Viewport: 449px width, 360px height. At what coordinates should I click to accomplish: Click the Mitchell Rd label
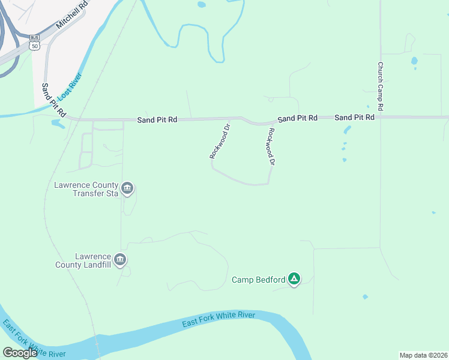(71, 16)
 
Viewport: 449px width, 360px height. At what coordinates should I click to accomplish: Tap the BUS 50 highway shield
(34, 42)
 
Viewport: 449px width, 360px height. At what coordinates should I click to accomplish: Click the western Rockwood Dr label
(220, 141)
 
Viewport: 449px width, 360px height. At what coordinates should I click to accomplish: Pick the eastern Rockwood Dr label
(271, 146)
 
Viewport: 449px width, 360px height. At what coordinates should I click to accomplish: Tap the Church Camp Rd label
(381, 86)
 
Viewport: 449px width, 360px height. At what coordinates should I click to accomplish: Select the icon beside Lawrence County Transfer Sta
(127, 189)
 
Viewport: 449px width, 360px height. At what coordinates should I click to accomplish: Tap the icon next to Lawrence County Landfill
(120, 260)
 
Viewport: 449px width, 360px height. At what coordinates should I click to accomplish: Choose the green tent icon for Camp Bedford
(294, 279)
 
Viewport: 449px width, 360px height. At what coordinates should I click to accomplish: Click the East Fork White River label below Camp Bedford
(219, 320)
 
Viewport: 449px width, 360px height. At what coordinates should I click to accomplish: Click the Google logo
(20, 353)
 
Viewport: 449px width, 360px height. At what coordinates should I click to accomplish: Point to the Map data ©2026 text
(423, 355)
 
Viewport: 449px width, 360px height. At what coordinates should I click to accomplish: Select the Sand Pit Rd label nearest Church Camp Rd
(355, 118)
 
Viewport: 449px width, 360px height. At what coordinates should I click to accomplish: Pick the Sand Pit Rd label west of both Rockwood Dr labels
(157, 119)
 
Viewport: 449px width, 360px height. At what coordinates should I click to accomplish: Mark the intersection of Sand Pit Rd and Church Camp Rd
(381, 117)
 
